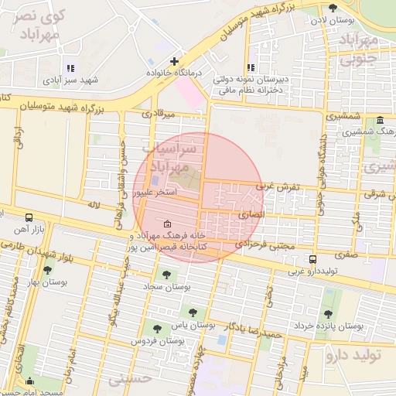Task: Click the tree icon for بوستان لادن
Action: click(333, 8)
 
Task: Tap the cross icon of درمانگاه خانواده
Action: click(175, 60)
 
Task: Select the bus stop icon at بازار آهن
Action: click(29, 217)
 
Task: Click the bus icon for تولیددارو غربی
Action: click(312, 259)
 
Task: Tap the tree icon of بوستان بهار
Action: click(48, 270)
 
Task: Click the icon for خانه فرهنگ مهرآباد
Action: click(168, 224)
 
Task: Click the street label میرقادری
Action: click(159, 113)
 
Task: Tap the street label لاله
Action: click(94, 204)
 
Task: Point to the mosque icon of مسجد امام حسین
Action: click(29, 381)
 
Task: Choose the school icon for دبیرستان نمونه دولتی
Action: click(251, 68)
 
